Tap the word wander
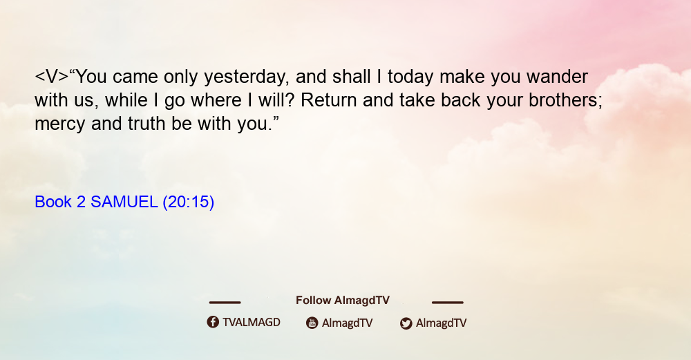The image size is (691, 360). coord(557,77)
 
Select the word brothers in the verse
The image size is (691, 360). coord(565,100)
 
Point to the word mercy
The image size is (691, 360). coord(60,124)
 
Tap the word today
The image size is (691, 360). coord(410,77)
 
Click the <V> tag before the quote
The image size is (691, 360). coord(52,77)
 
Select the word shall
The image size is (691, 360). coord(351,77)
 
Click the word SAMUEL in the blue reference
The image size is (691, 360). coord(124,202)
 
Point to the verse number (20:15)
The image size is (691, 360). coord(188,202)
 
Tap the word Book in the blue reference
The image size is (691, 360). coord(53,202)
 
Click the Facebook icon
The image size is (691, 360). coord(213,322)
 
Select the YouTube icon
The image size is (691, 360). coord(312,323)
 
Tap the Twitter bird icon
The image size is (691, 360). coord(406,323)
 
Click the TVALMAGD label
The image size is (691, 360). coord(252,322)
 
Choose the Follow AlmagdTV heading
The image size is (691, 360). coord(343,301)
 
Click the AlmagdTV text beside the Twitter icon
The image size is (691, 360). coord(441,323)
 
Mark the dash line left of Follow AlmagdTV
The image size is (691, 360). coord(225,302)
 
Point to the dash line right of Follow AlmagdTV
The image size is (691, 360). coord(448,302)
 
